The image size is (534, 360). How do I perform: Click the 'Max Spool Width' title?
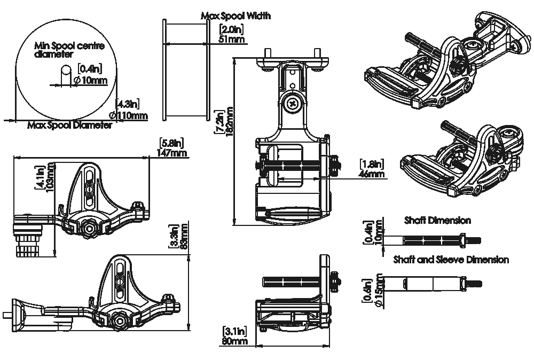pyautogui.click(x=235, y=15)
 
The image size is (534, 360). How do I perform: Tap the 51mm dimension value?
pyautogui.click(x=231, y=39)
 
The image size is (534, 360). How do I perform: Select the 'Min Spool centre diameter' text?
pyautogui.click(x=69, y=50)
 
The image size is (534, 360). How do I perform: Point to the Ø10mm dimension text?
pyautogui.click(x=91, y=80)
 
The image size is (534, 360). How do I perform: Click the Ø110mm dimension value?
pyautogui.click(x=128, y=115)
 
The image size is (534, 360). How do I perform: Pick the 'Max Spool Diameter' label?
pyautogui.click(x=69, y=126)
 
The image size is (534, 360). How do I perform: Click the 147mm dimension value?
pyautogui.click(x=171, y=153)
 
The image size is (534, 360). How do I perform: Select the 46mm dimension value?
pyautogui.click(x=372, y=174)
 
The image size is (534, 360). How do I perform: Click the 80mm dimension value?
pyautogui.click(x=234, y=341)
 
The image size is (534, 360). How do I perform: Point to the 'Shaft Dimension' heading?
pyautogui.click(x=438, y=221)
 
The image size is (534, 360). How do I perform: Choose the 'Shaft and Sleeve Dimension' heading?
pyautogui.click(x=451, y=260)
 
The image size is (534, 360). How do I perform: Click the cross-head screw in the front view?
pyautogui.click(x=293, y=104)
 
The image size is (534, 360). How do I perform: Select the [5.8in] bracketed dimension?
pyautogui.click(x=171, y=143)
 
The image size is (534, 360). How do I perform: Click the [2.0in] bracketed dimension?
pyautogui.click(x=231, y=29)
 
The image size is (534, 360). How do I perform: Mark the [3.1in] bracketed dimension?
pyautogui.click(x=234, y=331)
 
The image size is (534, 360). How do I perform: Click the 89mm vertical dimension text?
pyautogui.click(x=184, y=236)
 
